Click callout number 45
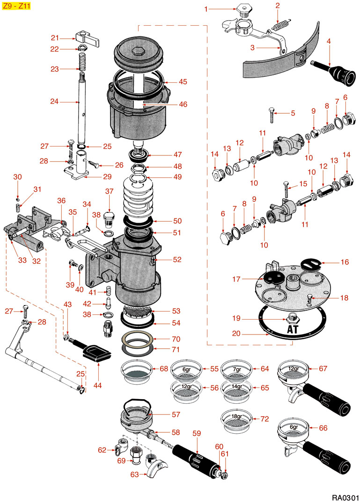(183, 81)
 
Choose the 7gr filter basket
(237, 368)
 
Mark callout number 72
(264, 419)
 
